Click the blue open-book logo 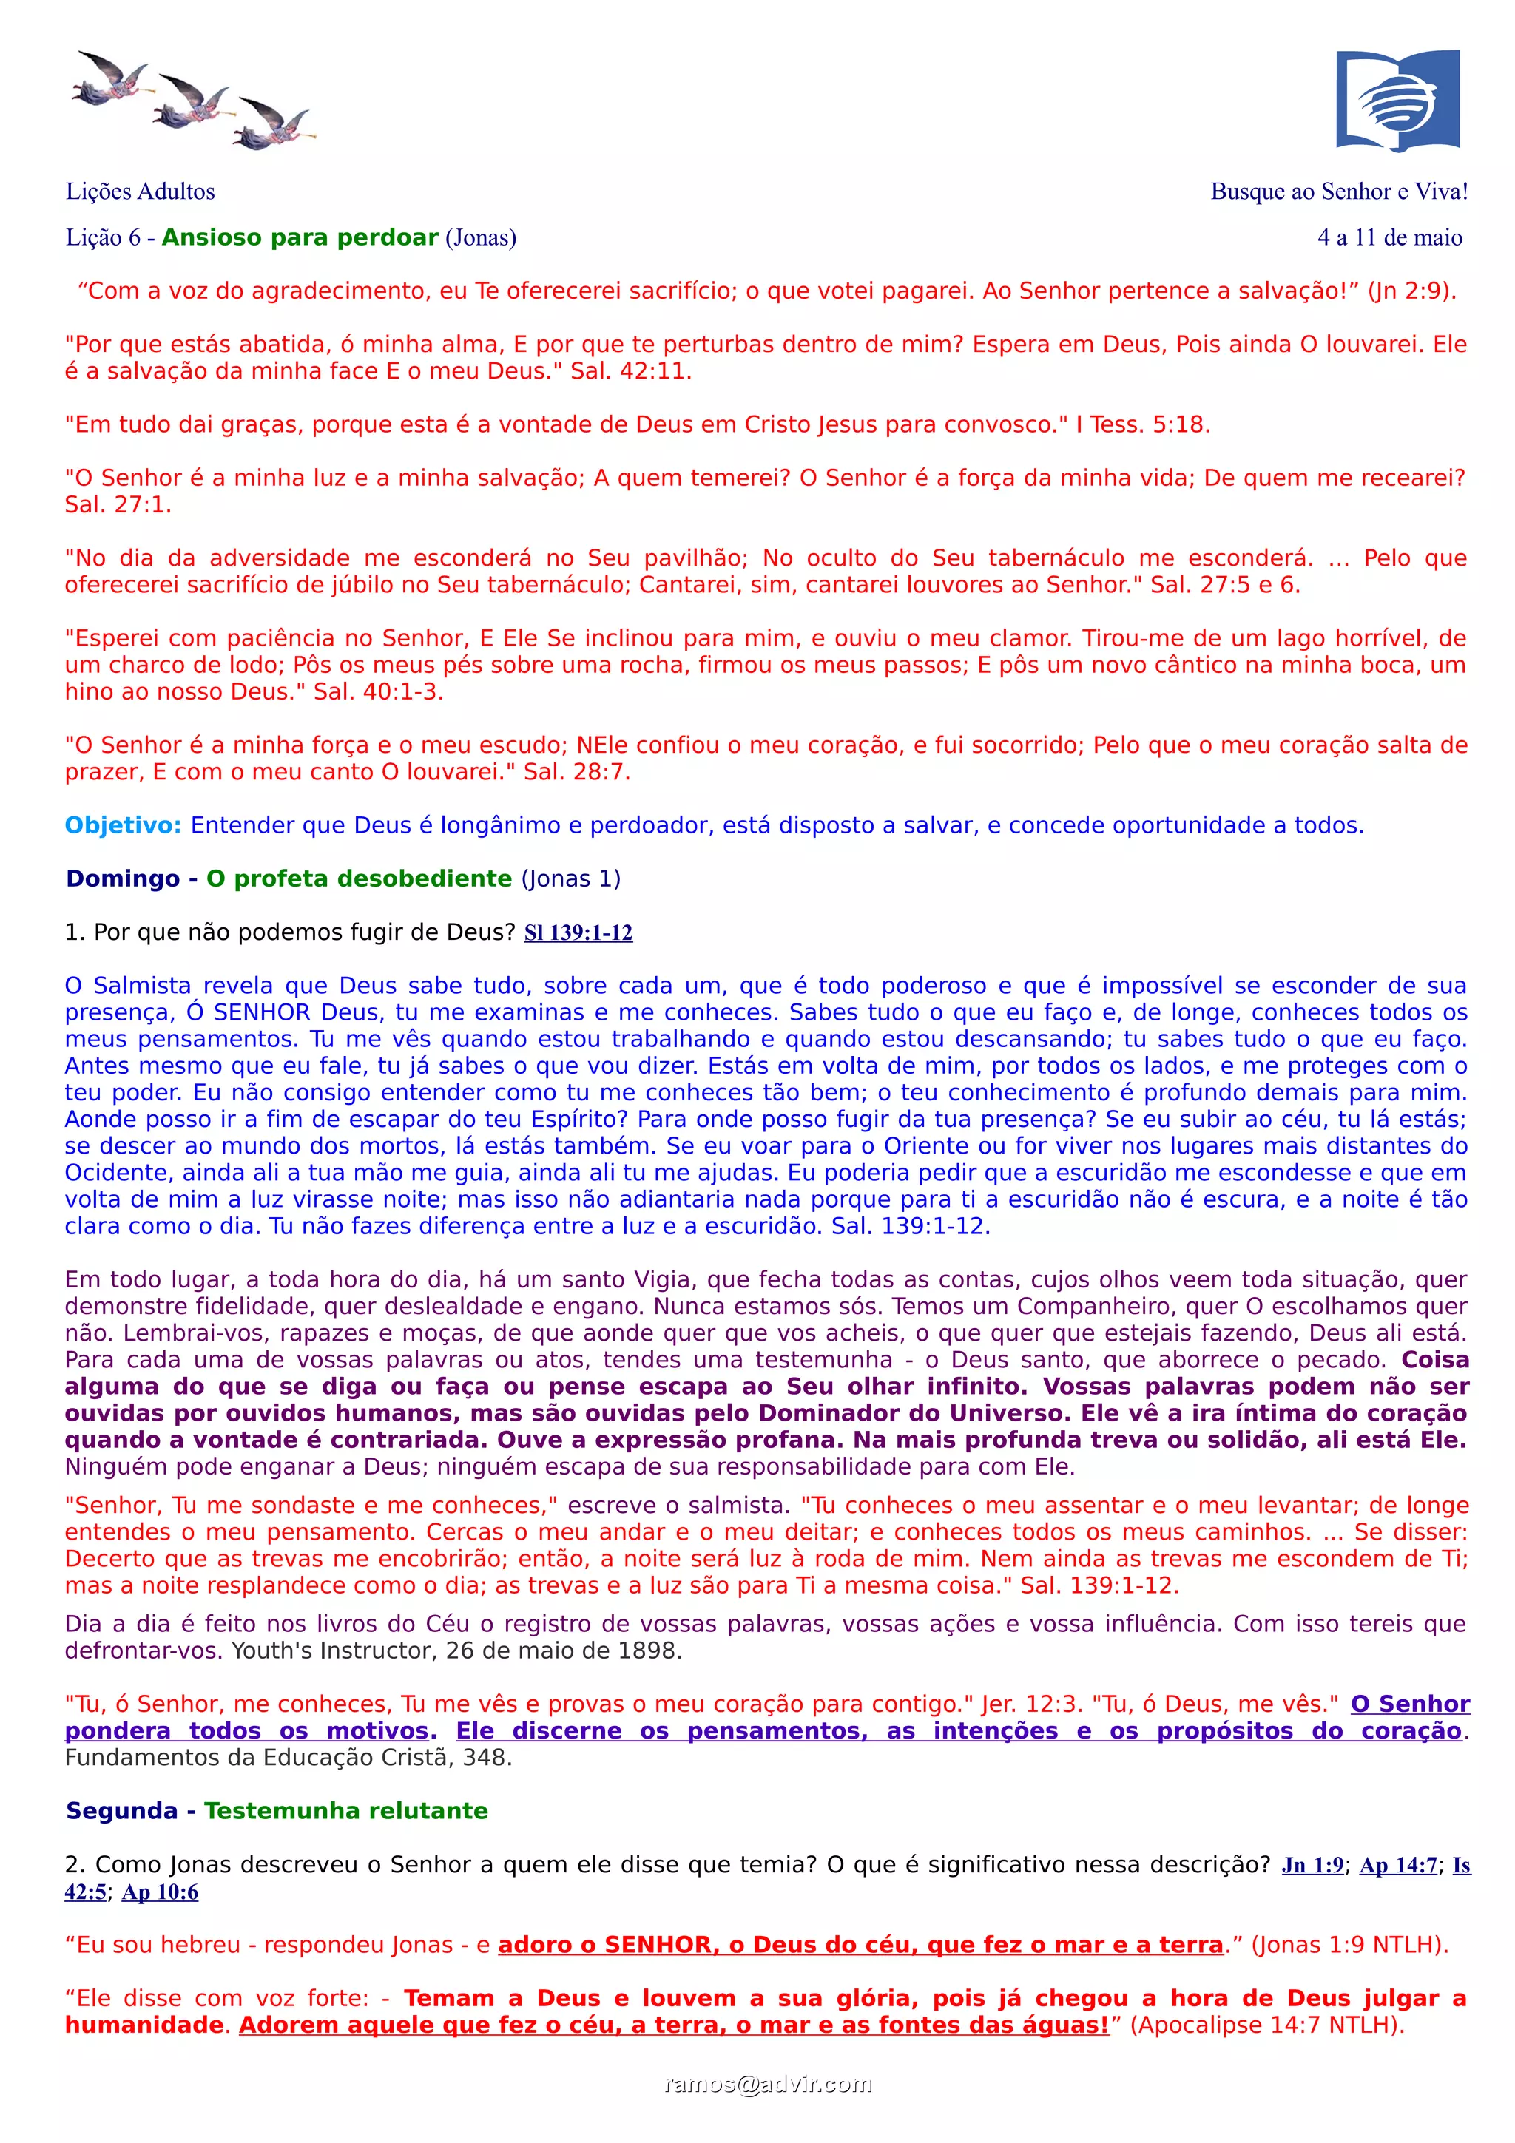tap(1397, 100)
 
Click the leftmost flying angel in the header tap(111, 78)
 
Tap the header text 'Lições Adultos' tap(140, 192)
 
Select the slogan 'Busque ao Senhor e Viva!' tap(1339, 192)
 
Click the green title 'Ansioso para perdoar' tap(300, 237)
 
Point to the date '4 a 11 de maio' tap(1389, 237)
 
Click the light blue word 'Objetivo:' tap(122, 825)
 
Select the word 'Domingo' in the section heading tap(122, 878)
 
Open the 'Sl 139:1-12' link tap(578, 932)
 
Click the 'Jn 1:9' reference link tap(1312, 1865)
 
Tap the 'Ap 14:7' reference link tap(1397, 1865)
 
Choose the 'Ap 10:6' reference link tap(160, 1892)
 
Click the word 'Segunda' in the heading tap(121, 1811)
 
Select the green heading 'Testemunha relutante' tap(345, 1811)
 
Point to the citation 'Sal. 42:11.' tap(631, 370)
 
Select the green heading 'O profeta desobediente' tap(359, 878)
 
